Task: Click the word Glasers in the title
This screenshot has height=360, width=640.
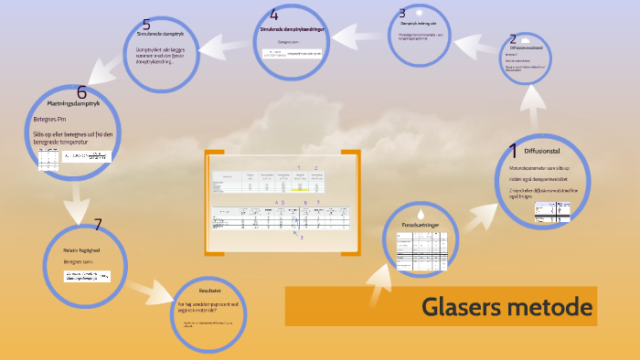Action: [459, 308]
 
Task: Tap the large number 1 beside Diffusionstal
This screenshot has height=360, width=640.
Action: [514, 150]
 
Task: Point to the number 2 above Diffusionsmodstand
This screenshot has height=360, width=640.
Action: [513, 38]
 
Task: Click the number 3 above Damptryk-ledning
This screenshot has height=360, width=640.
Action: [401, 13]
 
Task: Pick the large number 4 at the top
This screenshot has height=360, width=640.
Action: [274, 15]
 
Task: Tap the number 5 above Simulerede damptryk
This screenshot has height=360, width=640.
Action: [147, 24]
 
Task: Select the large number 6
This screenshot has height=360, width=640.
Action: [81, 91]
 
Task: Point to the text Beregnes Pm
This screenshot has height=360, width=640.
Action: [49, 119]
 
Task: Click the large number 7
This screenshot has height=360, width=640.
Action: [97, 224]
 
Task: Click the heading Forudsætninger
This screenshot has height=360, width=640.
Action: [421, 224]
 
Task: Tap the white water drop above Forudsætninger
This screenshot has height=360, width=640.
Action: [421, 211]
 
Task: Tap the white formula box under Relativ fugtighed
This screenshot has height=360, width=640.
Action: [87, 276]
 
